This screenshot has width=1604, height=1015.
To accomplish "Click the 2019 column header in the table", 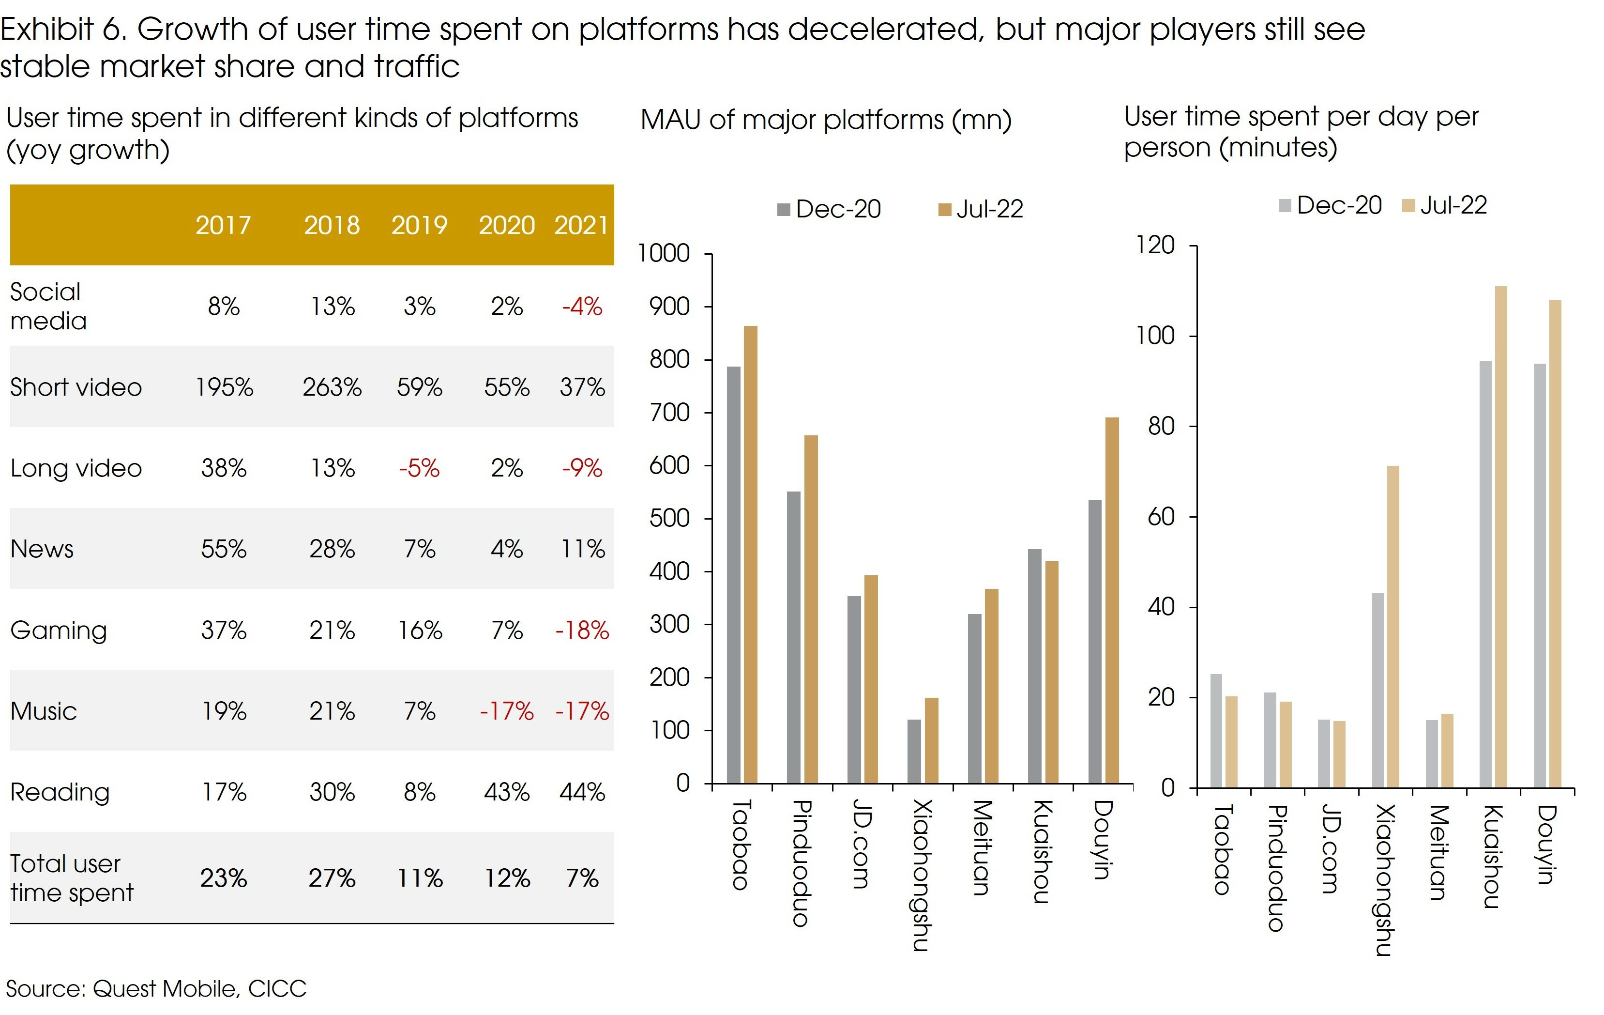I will pyautogui.click(x=419, y=225).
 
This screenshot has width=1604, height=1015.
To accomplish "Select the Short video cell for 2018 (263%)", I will pyautogui.click(x=332, y=387).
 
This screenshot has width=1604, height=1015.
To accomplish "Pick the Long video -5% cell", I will pyautogui.click(x=419, y=468).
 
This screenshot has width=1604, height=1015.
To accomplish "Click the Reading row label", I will pyautogui.click(x=60, y=792).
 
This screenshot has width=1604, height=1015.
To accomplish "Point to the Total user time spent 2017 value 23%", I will pyautogui.click(x=223, y=877).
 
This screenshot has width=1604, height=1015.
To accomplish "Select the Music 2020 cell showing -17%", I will pyautogui.click(x=506, y=711).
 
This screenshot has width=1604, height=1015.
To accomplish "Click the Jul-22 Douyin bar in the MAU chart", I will pyautogui.click(x=1112, y=600).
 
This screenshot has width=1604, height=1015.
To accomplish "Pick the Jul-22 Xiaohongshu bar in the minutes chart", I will pyautogui.click(x=1393, y=627).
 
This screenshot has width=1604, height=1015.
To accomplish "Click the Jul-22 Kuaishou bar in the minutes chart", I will pyautogui.click(x=1501, y=537).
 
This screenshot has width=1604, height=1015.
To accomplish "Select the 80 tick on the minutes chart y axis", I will pyautogui.click(x=1161, y=426).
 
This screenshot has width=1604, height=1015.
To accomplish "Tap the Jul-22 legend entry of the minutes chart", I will pyautogui.click(x=1445, y=205).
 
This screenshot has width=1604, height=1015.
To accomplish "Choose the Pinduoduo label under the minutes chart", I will pyautogui.click(x=1276, y=867).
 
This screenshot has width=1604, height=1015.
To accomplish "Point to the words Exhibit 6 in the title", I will pyautogui.click(x=63, y=30).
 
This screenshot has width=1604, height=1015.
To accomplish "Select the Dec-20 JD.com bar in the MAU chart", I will pyautogui.click(x=854, y=689).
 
